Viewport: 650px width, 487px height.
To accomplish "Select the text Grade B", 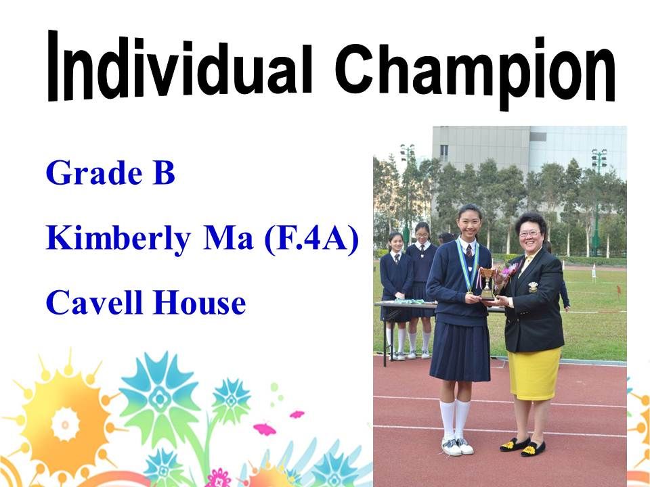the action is tap(110, 172).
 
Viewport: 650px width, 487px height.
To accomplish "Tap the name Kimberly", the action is tap(118, 239).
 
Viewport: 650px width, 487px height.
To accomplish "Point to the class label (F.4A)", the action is tap(311, 239).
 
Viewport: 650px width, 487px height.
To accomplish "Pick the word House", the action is tap(199, 302).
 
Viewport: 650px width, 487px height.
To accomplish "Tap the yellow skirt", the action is tap(534, 374).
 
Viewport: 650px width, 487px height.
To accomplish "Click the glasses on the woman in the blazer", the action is tap(529, 233).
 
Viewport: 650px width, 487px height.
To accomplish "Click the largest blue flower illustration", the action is tap(160, 398).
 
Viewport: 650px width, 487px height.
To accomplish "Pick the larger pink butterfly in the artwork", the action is tap(265, 429).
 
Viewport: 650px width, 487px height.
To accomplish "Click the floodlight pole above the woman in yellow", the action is tap(598, 203).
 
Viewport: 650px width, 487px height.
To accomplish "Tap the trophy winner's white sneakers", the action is tap(457, 446).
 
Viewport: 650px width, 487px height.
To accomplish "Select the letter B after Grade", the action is tap(164, 172).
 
